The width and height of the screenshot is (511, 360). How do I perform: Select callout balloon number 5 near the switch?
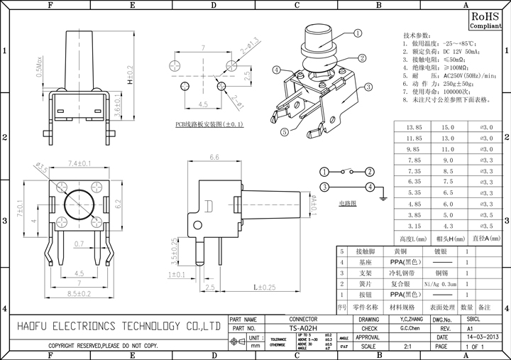283,131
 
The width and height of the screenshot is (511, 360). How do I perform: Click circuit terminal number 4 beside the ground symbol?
370,187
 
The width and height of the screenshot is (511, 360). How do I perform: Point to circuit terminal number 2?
370,172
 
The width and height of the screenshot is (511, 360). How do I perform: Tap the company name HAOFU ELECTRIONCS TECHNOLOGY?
117,326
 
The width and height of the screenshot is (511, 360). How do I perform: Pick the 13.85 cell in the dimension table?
413,128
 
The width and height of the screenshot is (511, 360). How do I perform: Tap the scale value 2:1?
408,347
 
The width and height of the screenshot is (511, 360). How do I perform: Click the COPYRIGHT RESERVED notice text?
103,346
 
